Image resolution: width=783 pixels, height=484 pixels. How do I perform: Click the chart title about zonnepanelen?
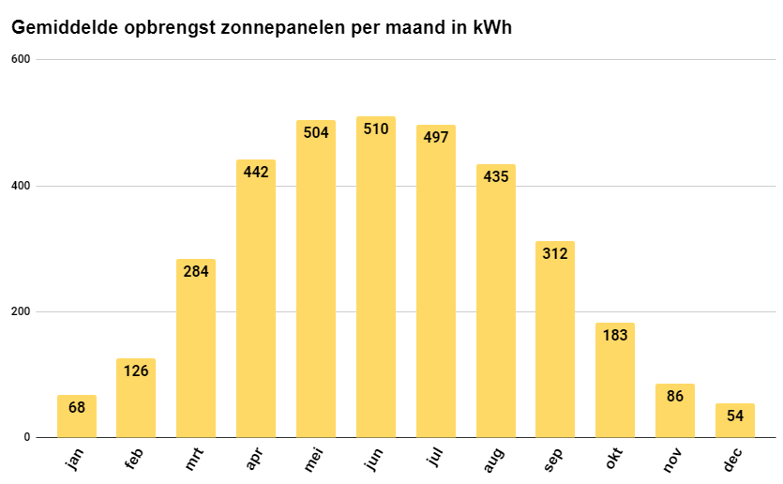coord(261,28)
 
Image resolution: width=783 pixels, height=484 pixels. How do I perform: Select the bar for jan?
coord(77,416)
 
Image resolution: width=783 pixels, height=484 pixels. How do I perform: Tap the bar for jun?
coord(376,281)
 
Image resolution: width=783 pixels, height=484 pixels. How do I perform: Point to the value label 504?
coord(316,132)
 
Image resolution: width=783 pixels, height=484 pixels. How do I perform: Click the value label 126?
coord(136,371)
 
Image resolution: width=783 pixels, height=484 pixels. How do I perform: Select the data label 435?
coord(495,176)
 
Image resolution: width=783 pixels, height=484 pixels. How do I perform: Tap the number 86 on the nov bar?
coord(674,396)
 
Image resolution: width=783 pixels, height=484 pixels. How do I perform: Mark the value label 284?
coord(196,271)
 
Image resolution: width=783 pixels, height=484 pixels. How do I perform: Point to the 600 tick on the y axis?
coord(21,60)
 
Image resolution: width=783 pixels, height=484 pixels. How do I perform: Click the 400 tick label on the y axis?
coord(21,186)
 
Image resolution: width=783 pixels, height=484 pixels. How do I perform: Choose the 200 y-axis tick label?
coord(21,311)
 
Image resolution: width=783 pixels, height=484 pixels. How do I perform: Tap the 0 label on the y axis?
coord(27,437)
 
